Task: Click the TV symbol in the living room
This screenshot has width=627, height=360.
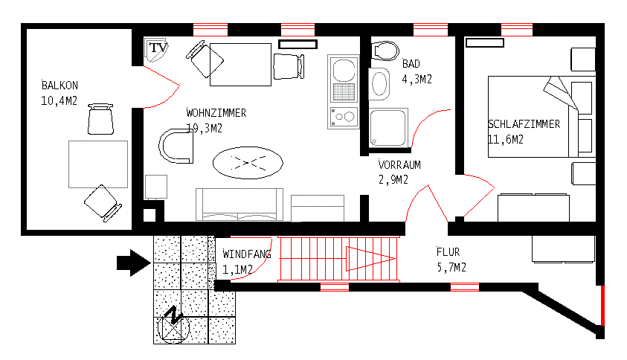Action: pyautogui.click(x=156, y=48)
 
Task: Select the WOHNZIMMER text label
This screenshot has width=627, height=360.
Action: pyautogui.click(x=216, y=113)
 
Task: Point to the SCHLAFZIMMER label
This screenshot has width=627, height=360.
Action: pyautogui.click(x=524, y=124)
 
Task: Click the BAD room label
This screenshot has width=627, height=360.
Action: pyautogui.click(x=411, y=64)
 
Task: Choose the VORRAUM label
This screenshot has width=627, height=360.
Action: pyautogui.click(x=399, y=165)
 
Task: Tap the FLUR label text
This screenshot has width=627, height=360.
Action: pyautogui.click(x=448, y=252)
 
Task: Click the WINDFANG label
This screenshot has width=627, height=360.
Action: pyautogui.click(x=247, y=254)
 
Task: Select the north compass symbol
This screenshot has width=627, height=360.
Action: pyautogui.click(x=173, y=323)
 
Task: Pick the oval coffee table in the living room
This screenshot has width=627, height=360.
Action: pyautogui.click(x=248, y=161)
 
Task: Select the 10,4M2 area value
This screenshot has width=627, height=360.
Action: pyautogui.click(x=60, y=100)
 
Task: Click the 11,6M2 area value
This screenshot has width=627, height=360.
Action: pyautogui.click(x=506, y=139)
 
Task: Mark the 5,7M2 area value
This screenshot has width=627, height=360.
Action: pyautogui.click(x=451, y=267)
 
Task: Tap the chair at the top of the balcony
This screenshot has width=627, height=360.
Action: pyautogui.click(x=101, y=118)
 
